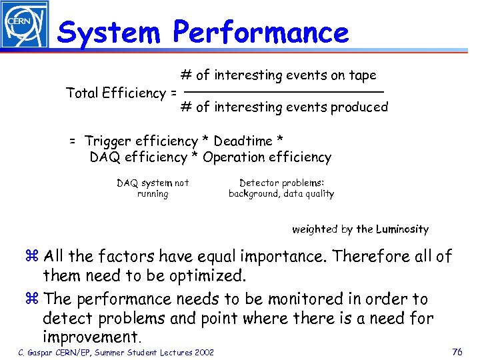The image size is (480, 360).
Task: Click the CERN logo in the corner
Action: coord(24,24)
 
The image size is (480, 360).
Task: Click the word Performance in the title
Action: coord(261,31)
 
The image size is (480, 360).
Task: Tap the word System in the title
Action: coord(109,31)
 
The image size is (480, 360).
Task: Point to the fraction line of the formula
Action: coord(283,91)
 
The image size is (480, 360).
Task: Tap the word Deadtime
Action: coord(245,141)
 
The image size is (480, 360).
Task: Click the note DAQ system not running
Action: coord(153,188)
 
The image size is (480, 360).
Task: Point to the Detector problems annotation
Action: coord(281,188)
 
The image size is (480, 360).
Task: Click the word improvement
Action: coord(93,337)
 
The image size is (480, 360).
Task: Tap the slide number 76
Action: coord(457,352)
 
